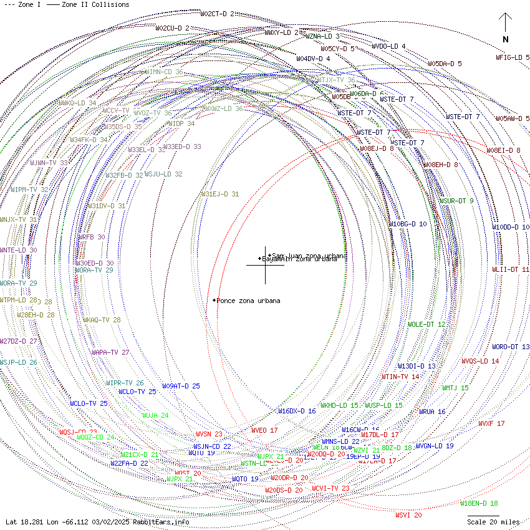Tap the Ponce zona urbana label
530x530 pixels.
(x=248, y=301)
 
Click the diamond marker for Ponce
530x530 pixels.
(x=214, y=301)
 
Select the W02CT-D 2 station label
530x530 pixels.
(x=217, y=14)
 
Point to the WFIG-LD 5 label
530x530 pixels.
(x=512, y=57)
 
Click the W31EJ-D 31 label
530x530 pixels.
(x=219, y=195)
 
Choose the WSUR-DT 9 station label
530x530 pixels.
(x=456, y=201)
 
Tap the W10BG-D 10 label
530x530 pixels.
(x=408, y=224)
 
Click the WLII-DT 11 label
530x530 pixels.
(x=510, y=269)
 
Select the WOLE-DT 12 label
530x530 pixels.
(x=426, y=324)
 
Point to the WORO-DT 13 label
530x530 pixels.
(x=511, y=347)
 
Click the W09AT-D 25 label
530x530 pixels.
(x=181, y=386)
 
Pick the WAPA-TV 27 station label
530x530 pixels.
(x=110, y=352)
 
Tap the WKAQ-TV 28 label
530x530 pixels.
(x=102, y=320)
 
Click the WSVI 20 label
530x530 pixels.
(x=408, y=515)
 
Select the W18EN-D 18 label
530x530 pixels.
(x=479, y=503)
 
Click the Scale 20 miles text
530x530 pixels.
(x=493, y=521)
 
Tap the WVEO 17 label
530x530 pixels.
(x=264, y=430)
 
